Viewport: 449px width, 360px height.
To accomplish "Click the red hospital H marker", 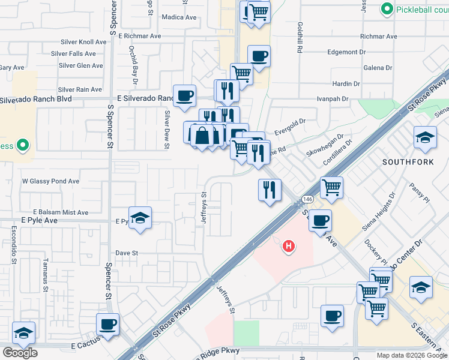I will pyautogui.click(x=289, y=246).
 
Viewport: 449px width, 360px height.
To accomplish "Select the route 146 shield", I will pyautogui.click(x=307, y=199).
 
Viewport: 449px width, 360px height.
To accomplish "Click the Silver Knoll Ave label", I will pyautogui.click(x=83, y=42).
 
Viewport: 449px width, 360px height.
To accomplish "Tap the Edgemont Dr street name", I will pyautogui.click(x=347, y=52).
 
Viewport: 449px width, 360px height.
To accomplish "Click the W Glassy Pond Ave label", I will pyautogui.click(x=50, y=181).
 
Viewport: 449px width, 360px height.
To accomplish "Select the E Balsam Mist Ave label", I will pyautogui.click(x=61, y=212).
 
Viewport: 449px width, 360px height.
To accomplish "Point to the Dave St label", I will pyautogui.click(x=127, y=253).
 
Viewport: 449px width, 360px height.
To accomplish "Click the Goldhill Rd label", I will pyautogui.click(x=299, y=37).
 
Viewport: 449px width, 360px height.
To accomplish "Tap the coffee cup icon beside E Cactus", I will pyautogui.click(x=108, y=325).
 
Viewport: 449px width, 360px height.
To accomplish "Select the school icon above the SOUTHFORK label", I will pyautogui.click(x=425, y=137).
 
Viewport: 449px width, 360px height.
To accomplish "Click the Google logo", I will pyautogui.click(x=20, y=353).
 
